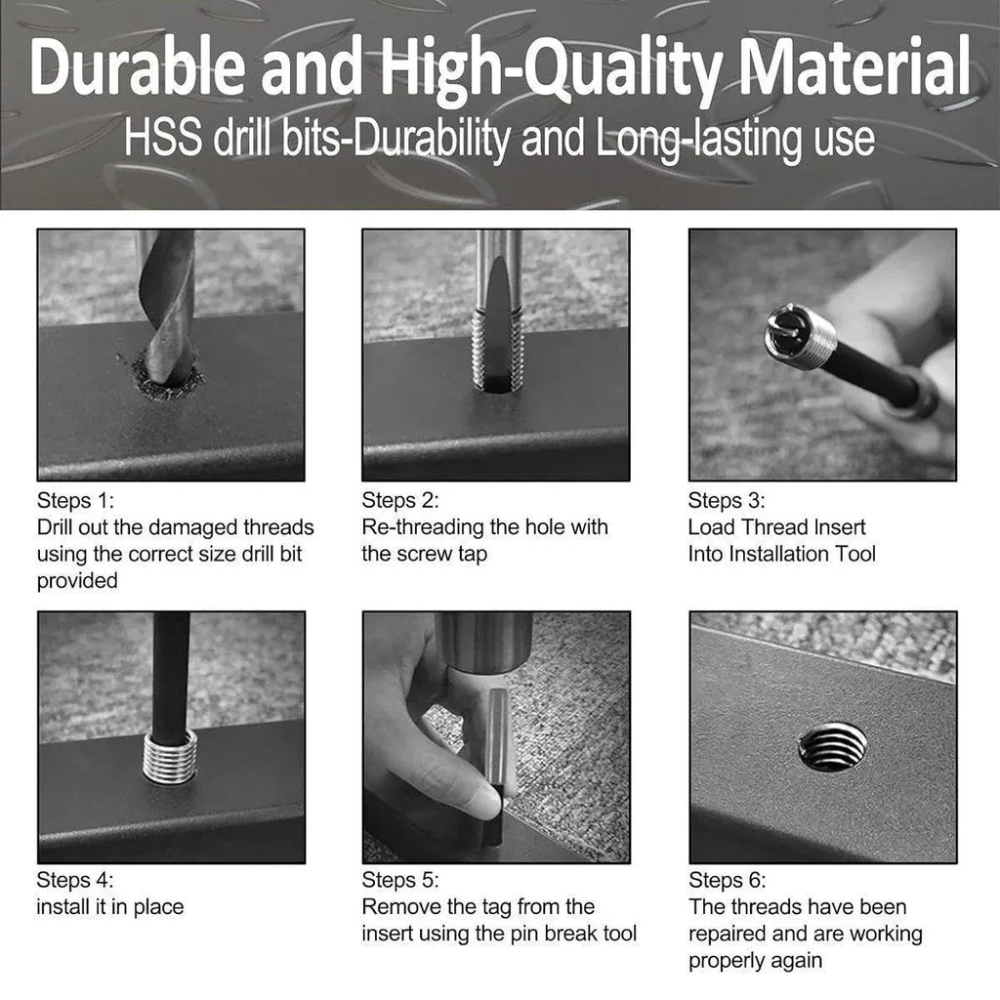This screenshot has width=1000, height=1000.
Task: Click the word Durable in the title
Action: (x=137, y=67)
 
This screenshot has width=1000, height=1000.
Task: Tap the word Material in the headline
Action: (x=854, y=66)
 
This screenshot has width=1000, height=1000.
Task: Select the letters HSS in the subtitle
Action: (x=163, y=138)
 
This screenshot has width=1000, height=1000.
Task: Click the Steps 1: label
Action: (x=75, y=501)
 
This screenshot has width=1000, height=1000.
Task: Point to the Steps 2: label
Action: (x=400, y=501)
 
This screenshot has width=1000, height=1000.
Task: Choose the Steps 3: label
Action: (x=727, y=501)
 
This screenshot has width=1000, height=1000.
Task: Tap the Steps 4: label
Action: (x=75, y=880)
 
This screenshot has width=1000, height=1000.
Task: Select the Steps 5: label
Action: (x=400, y=880)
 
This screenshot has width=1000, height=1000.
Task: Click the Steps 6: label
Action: (x=727, y=880)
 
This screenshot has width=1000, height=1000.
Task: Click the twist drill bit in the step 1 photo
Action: (x=168, y=306)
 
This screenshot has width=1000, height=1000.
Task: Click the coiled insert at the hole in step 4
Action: (x=170, y=757)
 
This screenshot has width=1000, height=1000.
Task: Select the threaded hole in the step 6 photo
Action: (x=833, y=747)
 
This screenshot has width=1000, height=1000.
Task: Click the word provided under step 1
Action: (x=77, y=581)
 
